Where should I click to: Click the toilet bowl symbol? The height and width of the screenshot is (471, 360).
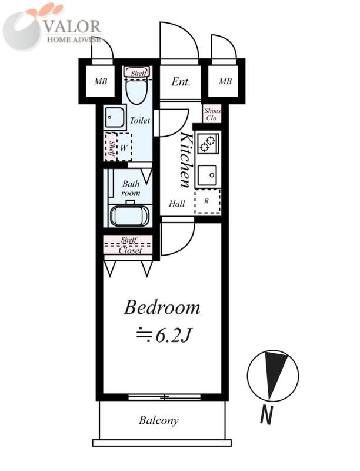point(137,89)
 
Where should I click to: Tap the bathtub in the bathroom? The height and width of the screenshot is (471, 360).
point(130,215)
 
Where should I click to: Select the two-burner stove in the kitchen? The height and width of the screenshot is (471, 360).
point(208,143)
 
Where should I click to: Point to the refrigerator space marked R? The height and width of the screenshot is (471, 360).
point(207,201)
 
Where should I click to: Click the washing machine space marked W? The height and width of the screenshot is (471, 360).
point(124,148)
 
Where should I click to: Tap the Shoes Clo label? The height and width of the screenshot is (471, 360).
point(212,114)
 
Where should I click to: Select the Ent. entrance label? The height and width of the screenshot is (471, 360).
point(181,82)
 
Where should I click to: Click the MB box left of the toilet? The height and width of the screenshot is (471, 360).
point(101,81)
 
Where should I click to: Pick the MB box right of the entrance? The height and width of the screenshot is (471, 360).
point(225,81)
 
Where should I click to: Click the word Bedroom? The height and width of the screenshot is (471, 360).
point(162,307)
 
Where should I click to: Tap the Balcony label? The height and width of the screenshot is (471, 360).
point(159,420)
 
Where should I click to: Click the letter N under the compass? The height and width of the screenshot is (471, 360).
point(266,414)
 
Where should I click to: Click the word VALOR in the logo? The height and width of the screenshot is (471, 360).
point(72,26)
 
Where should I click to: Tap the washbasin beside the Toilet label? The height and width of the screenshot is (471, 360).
point(114,117)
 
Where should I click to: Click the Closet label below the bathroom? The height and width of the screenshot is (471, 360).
point(130,250)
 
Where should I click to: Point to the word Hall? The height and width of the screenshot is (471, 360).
point(176,204)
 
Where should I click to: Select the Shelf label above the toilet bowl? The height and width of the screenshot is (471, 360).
point(138,72)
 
